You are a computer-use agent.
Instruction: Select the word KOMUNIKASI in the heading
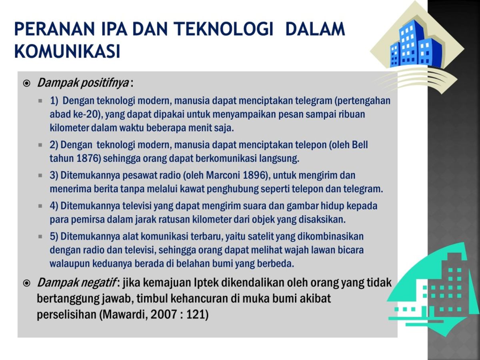coord(67,51)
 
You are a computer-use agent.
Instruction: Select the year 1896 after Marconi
coord(253,175)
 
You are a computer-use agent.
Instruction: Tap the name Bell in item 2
coord(360,144)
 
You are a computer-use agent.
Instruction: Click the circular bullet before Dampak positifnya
coord(27,84)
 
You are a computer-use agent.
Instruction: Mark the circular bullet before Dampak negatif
coord(27,283)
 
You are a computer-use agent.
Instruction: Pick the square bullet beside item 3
coord(40,176)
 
